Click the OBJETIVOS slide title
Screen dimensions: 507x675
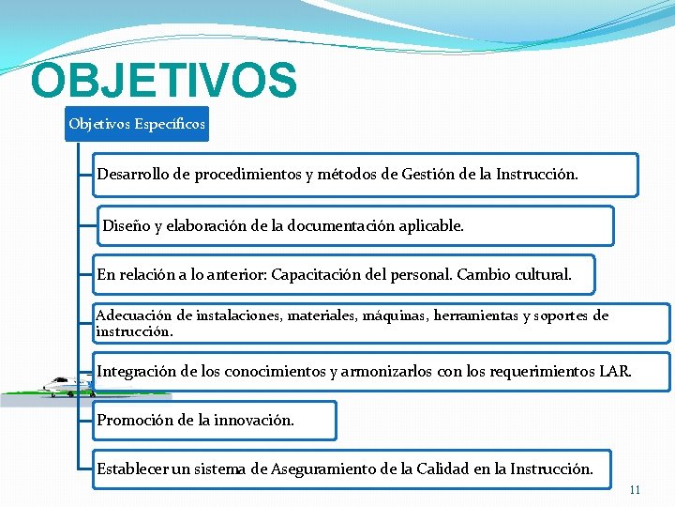coord(163,82)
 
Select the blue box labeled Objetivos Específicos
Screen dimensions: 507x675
coord(137,123)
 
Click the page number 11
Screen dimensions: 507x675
coord(635,490)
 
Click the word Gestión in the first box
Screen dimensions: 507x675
coord(427,175)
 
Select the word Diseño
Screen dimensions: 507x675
coord(125,225)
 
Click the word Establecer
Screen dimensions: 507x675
coord(132,469)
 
